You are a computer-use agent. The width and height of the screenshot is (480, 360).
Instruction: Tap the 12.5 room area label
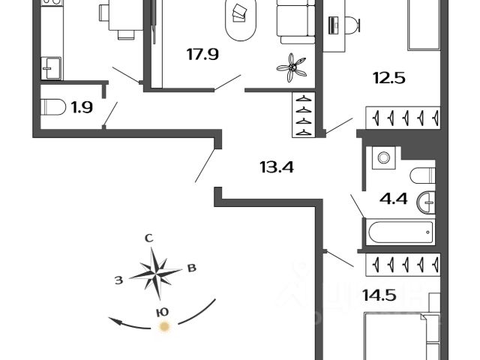[389, 76]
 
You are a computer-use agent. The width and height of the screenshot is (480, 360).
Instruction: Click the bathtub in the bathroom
[399, 231]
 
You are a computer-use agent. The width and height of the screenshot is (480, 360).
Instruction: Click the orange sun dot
[164, 326]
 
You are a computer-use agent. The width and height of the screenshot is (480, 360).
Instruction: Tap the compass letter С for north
[148, 238]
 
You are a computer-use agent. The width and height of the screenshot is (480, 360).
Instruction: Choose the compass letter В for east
[192, 268]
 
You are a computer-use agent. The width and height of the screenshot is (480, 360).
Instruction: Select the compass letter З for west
[118, 280]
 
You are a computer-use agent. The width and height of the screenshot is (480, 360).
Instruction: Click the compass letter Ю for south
[161, 310]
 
